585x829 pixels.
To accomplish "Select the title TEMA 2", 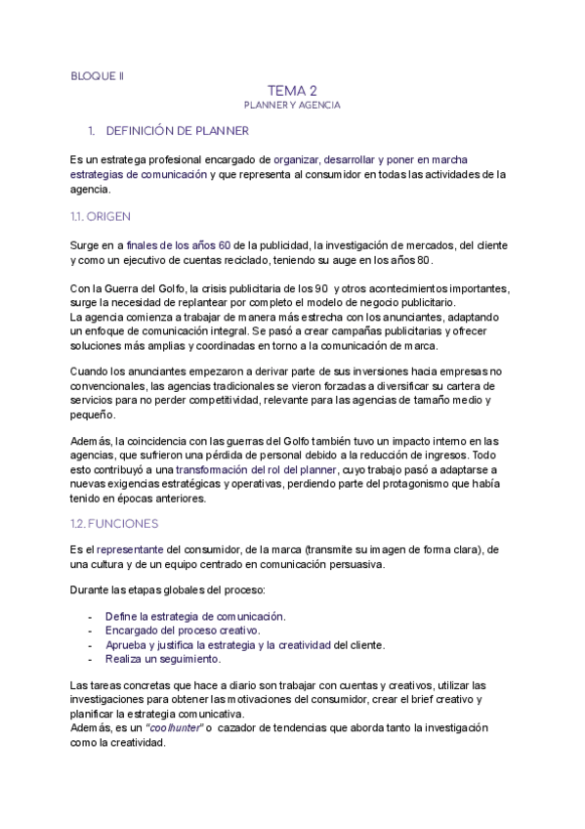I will click(292, 90).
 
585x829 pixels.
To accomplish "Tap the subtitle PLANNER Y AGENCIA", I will click(292, 104).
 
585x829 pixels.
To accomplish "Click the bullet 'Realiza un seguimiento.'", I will click(163, 659).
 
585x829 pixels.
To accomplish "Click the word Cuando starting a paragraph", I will click(90, 371).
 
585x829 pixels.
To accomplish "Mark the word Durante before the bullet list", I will click(90, 590).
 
